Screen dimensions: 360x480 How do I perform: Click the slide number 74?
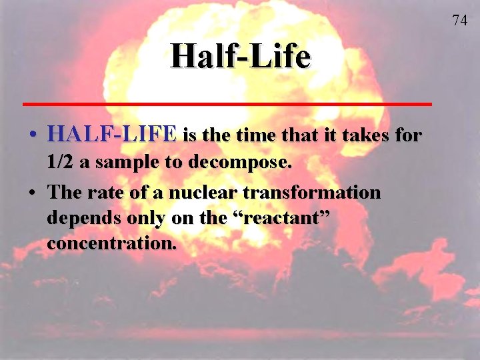(459, 21)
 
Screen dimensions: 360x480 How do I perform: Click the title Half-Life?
(240, 56)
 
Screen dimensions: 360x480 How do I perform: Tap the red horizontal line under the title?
(227, 104)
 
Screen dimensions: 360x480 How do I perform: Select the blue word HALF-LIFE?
(112, 135)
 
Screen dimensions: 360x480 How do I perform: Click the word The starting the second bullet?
(64, 193)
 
